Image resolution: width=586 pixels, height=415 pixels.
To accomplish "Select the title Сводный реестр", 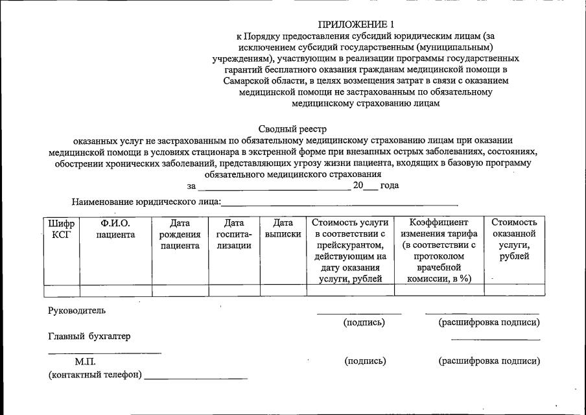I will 293,129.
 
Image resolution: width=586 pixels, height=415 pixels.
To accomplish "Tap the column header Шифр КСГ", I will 61,228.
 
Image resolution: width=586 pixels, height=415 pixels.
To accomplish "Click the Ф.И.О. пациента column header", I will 115,228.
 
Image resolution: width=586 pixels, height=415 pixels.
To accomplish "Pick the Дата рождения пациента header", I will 180,234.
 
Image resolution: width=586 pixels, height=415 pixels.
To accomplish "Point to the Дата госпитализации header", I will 234,234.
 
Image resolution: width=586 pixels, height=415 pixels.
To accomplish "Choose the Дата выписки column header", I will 283,228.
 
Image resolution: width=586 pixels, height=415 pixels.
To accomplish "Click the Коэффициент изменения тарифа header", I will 439,250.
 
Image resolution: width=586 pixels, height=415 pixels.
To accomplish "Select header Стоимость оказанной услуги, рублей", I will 514,239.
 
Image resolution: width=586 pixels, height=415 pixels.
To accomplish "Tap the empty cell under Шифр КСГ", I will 61,290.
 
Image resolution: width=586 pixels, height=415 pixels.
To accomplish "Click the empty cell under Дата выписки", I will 283,290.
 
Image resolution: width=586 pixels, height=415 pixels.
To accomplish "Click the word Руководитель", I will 76,311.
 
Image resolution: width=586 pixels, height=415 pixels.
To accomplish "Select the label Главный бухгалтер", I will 89,336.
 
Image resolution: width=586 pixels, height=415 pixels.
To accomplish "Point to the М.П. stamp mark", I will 85,362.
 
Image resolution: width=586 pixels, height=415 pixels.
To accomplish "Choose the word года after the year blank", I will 390,185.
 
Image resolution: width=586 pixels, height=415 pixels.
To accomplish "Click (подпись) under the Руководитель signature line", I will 364,322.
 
